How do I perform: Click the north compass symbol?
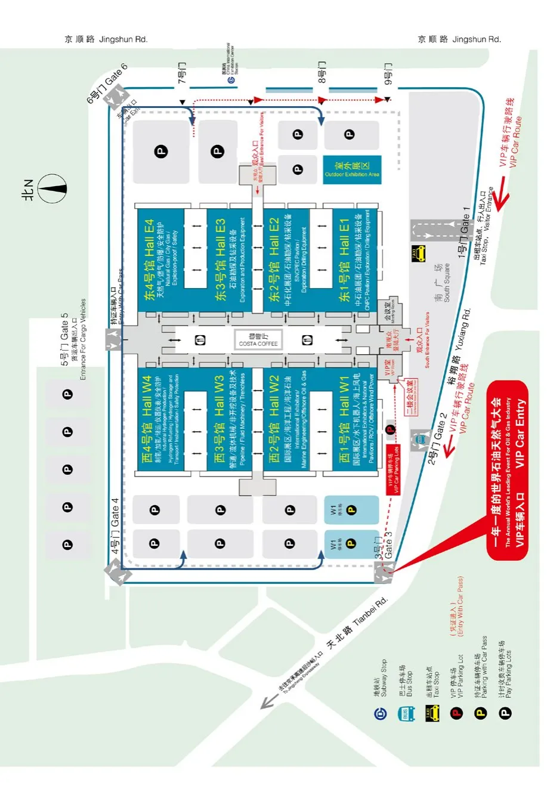[52, 188]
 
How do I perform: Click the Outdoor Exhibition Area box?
[352, 169]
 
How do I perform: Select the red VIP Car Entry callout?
[508, 471]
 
